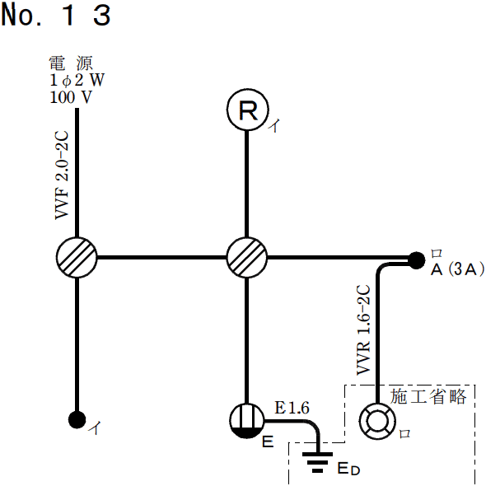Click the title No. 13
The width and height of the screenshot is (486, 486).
[x=55, y=16]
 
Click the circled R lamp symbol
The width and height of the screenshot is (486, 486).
[x=247, y=112]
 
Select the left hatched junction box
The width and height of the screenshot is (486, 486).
[x=77, y=258]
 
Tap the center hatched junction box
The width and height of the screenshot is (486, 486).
[x=247, y=258]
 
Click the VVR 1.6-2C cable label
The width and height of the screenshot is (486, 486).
[x=362, y=330]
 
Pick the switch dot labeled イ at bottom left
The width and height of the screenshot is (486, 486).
[x=77, y=418]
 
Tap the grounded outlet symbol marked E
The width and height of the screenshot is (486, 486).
[x=247, y=420]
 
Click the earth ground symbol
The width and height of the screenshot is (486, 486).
[x=315, y=464]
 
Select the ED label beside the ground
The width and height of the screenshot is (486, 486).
[x=348, y=469]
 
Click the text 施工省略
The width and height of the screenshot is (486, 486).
[x=428, y=396]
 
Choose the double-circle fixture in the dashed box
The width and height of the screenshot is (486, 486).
[x=378, y=420]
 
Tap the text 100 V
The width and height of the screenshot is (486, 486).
[x=71, y=96]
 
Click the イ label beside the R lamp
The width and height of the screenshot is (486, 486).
[x=275, y=126]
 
